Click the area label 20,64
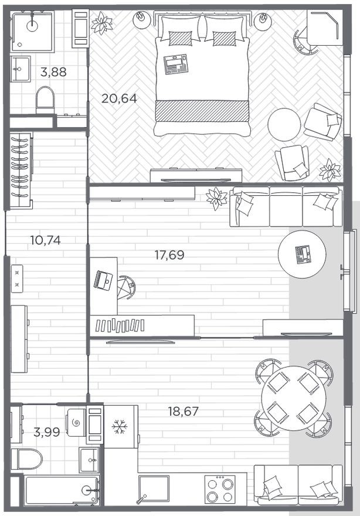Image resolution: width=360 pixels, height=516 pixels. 119,99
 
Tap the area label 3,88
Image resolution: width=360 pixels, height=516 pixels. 53,73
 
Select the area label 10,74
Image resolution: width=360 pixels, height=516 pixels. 45,239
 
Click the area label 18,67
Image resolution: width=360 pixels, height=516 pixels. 183,412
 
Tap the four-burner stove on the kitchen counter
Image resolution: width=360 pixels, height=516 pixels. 220,489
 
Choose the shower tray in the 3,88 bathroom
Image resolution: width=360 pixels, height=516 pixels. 33,30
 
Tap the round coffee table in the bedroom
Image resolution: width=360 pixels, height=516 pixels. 284,124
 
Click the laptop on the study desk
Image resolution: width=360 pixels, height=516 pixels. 104,280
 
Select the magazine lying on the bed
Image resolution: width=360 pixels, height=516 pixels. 175,64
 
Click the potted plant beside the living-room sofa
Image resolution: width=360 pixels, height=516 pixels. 217,198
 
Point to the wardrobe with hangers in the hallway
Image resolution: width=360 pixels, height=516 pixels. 20,170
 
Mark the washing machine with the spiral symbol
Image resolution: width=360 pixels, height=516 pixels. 76,422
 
